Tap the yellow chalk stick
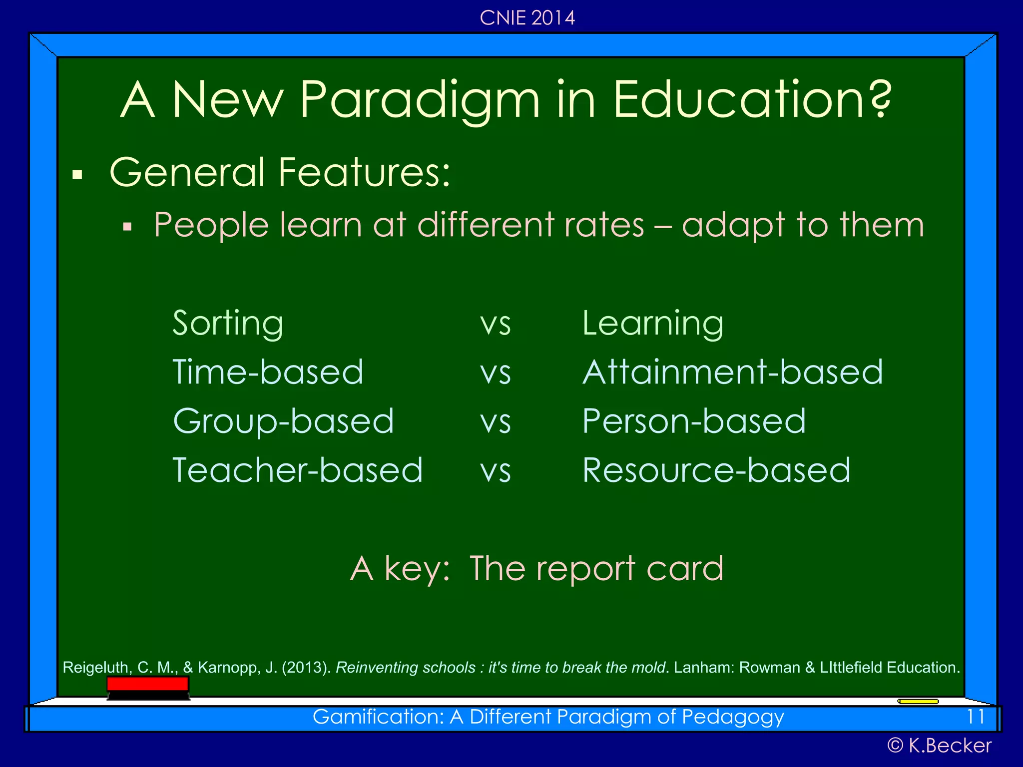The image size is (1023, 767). (918, 702)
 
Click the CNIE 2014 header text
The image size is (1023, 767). (527, 18)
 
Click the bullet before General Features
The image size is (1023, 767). (77, 175)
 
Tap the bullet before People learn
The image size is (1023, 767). (127, 227)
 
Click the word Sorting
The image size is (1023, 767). (228, 324)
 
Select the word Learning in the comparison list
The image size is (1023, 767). (652, 324)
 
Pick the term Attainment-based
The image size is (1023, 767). (732, 373)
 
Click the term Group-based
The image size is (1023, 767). (283, 421)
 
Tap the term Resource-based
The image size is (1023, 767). (716, 470)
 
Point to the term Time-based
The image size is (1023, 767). (268, 373)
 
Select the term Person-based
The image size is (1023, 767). (693, 421)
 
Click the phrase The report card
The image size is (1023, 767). (596, 569)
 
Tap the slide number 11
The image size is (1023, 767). (975, 717)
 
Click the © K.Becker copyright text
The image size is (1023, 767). (939, 746)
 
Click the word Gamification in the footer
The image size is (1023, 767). (378, 717)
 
